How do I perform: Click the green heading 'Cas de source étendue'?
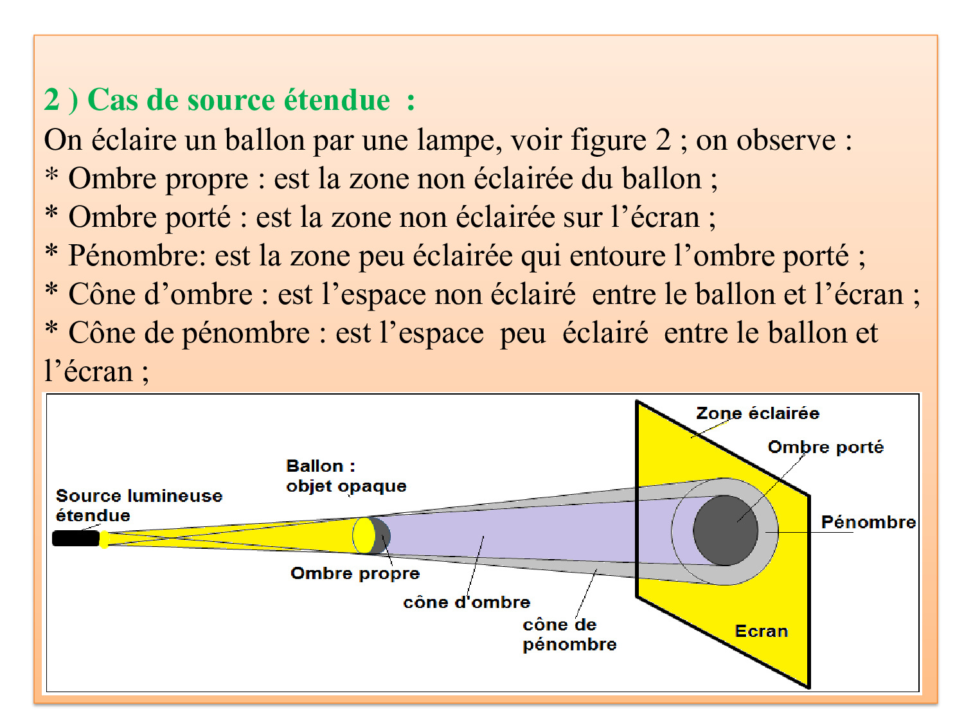pyautogui.click(x=238, y=100)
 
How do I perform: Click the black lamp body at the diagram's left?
pyautogui.click(x=75, y=538)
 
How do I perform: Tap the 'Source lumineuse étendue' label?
pyautogui.click(x=138, y=505)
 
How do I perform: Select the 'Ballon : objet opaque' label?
pyautogui.click(x=346, y=476)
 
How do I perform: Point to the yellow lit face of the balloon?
pyautogui.click(x=364, y=535)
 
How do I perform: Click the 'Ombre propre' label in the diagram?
pyautogui.click(x=355, y=573)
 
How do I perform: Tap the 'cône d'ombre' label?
pyautogui.click(x=467, y=602)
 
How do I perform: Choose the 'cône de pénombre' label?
pyautogui.click(x=569, y=634)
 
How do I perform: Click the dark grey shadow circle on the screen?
pyautogui.click(x=725, y=531)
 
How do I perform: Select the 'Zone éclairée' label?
pyautogui.click(x=758, y=413)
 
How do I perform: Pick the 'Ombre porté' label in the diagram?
pyautogui.click(x=825, y=447)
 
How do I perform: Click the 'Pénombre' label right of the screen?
pyautogui.click(x=868, y=521)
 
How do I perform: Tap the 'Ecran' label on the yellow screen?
pyautogui.click(x=761, y=631)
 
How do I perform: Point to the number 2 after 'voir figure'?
pyautogui.click(x=663, y=140)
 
